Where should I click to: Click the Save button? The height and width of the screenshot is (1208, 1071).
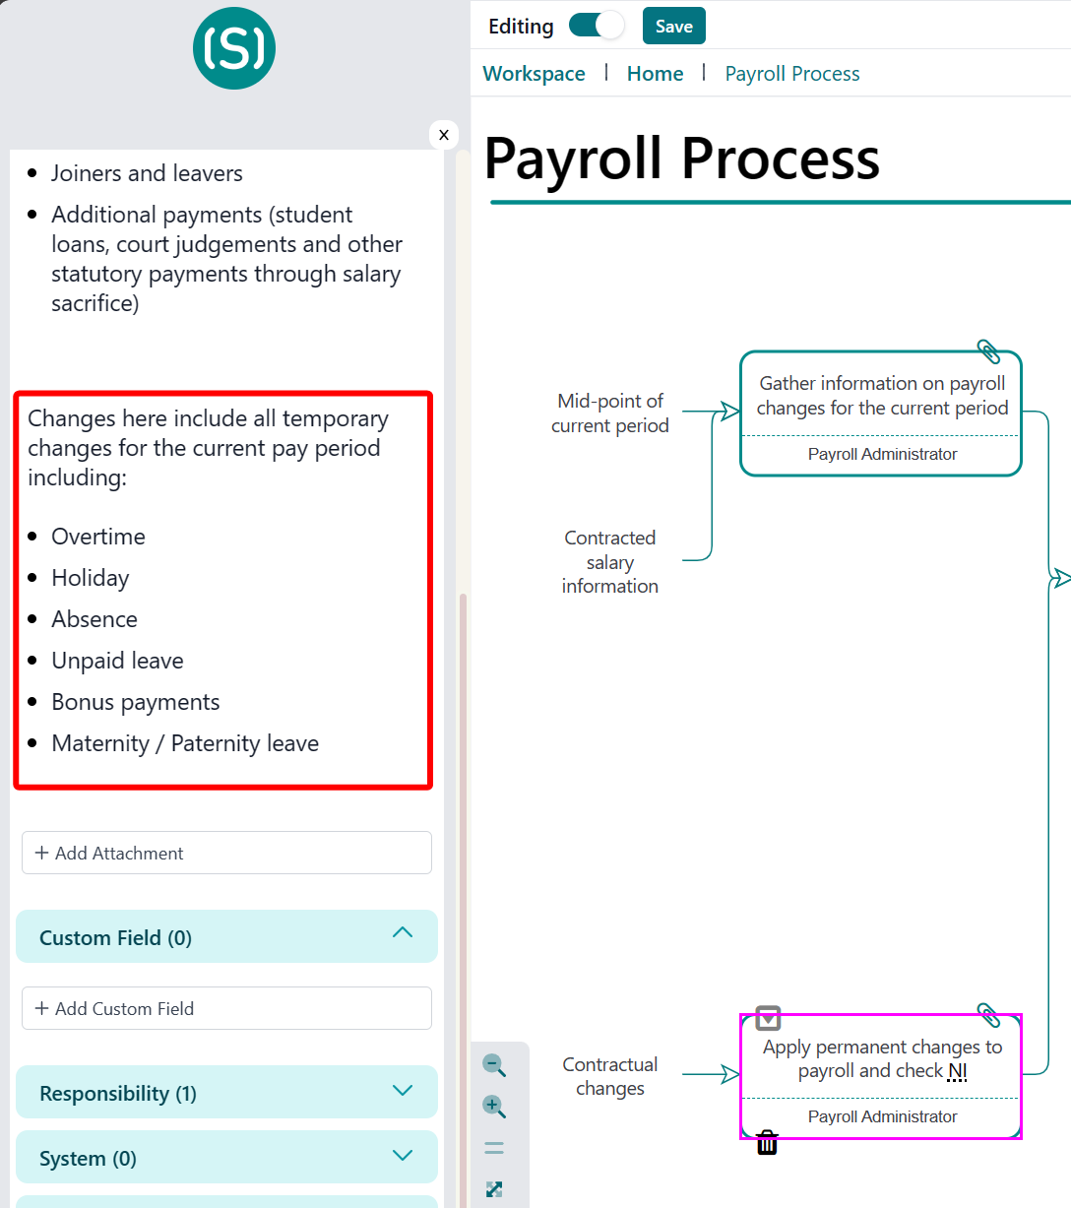point(674,27)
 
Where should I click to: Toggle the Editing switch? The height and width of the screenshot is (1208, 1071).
point(597,26)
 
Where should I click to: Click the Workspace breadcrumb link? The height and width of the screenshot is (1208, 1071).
point(534,73)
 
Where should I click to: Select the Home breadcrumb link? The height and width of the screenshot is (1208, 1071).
point(655,73)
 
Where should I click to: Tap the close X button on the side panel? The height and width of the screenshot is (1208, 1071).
point(444,135)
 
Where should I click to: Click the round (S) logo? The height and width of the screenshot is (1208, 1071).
point(234,48)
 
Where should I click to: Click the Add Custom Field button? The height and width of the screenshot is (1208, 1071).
point(226,1008)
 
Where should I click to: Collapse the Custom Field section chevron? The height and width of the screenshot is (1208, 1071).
point(403,932)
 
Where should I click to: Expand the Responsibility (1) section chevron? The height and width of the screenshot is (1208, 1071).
point(403,1091)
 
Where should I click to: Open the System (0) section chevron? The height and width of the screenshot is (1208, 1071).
point(403,1156)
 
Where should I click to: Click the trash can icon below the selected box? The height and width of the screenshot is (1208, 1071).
point(767,1142)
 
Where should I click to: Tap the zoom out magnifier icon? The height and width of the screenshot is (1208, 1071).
point(494,1065)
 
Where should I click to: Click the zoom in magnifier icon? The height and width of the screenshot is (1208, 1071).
point(494,1106)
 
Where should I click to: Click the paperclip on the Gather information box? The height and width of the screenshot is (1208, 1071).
point(988,351)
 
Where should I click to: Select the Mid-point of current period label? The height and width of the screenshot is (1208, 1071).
point(610,413)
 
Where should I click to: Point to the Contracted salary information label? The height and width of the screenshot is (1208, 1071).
point(610,562)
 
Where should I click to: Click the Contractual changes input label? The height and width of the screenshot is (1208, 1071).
point(610,1076)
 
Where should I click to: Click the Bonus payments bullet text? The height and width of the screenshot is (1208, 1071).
point(136,702)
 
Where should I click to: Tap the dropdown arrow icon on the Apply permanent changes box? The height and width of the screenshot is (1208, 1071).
point(768,1018)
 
